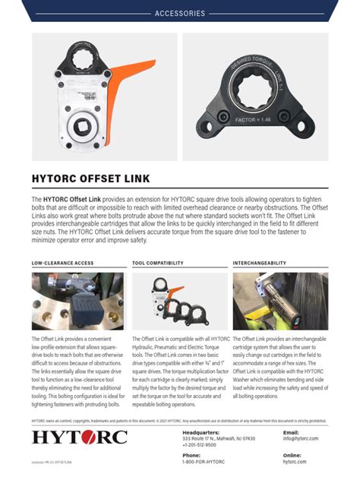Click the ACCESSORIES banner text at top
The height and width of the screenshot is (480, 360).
(180, 14)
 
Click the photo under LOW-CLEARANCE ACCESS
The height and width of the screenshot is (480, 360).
(77, 301)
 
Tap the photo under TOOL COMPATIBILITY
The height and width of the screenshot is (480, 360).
(179, 301)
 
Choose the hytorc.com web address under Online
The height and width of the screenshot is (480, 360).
(294, 462)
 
